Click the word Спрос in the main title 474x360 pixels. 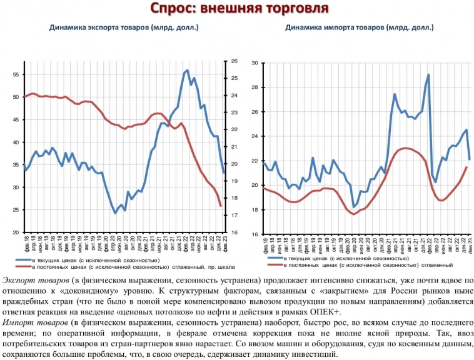pyautogui.click(x=173, y=9)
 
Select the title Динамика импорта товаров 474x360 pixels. pyautogui.click(x=359, y=27)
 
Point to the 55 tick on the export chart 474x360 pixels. pyautogui.click(x=17, y=74)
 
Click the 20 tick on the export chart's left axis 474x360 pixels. pyautogui.click(x=17, y=232)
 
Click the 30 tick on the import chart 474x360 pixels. pyautogui.click(x=255, y=63)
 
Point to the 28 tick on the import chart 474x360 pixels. pyautogui.click(x=255, y=87)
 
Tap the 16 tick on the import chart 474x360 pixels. pyautogui.click(x=255, y=234)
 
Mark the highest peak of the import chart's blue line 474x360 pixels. pyautogui.click(x=428, y=75)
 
